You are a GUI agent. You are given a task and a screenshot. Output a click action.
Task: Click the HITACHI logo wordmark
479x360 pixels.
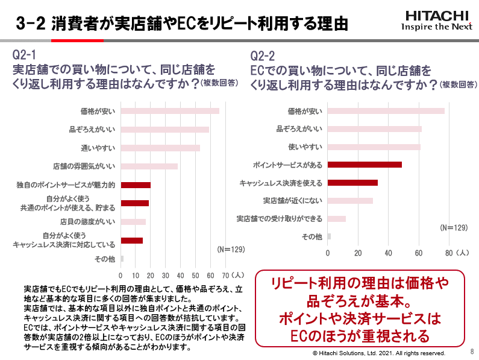(x=437, y=15)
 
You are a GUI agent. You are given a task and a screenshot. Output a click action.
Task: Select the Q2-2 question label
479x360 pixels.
(x=263, y=56)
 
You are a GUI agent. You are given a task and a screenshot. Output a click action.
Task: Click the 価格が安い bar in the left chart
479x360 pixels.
(x=170, y=111)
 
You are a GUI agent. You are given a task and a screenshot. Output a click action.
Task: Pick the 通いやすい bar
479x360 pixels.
(x=160, y=148)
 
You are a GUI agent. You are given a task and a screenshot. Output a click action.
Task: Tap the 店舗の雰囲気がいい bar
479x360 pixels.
(x=149, y=166)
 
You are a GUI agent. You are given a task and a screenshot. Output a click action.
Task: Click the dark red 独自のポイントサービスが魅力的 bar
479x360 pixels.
(x=136, y=185)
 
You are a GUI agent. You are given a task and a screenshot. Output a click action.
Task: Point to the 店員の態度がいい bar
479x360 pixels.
(x=133, y=222)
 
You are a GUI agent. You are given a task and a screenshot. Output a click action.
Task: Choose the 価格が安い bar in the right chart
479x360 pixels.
(x=386, y=111)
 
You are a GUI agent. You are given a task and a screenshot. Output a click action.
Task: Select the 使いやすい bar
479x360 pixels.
(x=374, y=147)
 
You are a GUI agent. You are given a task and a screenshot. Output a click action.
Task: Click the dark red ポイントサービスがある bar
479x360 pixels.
(x=365, y=165)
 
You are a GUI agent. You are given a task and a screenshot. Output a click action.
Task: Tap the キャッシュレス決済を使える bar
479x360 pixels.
(x=352, y=183)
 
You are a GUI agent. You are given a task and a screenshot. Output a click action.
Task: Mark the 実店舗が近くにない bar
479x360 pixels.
(x=350, y=201)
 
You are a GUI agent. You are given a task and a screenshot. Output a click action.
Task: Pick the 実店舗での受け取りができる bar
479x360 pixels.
(x=337, y=218)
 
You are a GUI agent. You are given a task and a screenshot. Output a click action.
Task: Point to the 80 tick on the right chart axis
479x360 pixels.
(x=448, y=253)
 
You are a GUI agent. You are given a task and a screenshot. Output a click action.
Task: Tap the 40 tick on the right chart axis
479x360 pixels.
(x=388, y=253)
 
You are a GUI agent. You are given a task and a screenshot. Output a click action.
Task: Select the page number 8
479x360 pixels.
(x=471, y=350)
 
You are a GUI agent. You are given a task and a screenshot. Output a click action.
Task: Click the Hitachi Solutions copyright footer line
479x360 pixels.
(x=378, y=353)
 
